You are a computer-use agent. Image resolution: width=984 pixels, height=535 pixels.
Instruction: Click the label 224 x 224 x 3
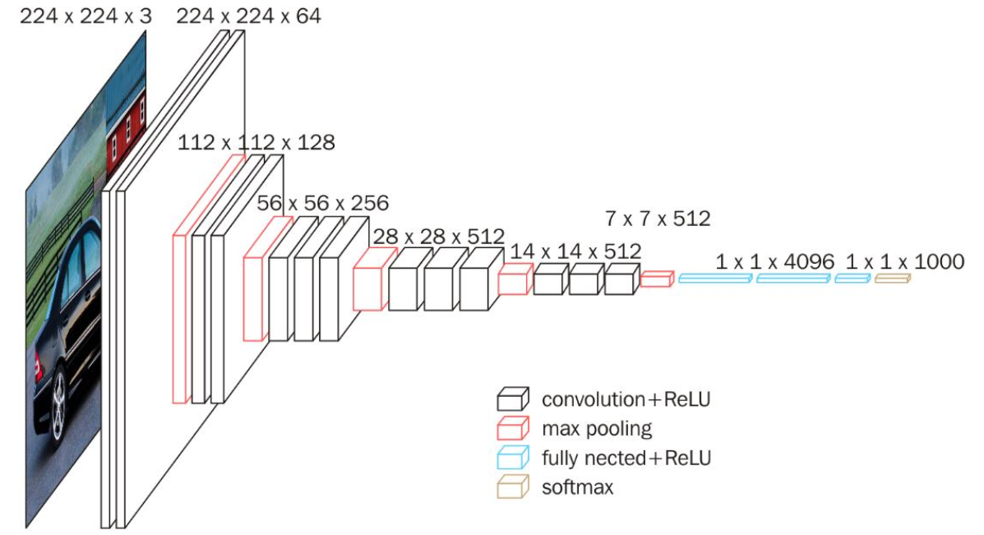[85, 16]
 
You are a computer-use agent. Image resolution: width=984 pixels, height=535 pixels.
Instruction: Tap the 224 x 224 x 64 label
[248, 16]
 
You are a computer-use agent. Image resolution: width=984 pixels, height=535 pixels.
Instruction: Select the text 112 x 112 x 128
[256, 142]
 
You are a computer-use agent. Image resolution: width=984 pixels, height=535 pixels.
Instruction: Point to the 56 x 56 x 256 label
[322, 203]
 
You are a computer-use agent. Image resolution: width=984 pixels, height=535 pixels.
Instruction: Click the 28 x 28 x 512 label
[439, 237]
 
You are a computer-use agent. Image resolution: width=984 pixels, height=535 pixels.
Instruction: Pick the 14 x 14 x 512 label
[575, 251]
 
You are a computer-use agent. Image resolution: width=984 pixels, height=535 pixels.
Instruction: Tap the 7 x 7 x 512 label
[658, 219]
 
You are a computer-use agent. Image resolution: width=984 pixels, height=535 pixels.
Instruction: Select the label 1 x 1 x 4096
[775, 261]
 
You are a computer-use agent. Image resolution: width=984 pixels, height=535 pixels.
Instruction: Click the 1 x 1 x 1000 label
[905, 261]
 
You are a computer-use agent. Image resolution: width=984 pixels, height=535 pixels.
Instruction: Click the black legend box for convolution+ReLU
[513, 399]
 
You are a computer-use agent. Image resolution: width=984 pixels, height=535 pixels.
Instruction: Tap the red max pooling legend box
[513, 428]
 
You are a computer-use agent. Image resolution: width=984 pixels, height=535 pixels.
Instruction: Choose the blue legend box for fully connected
[513, 458]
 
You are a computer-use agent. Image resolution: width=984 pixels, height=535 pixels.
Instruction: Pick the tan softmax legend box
[513, 487]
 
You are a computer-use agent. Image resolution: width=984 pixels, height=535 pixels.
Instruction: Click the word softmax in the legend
[577, 487]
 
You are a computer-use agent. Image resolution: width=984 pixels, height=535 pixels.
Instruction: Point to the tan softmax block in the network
[893, 278]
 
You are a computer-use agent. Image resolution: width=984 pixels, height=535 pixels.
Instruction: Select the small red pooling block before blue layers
[657, 279]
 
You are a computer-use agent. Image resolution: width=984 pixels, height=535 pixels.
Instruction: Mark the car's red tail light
[39, 367]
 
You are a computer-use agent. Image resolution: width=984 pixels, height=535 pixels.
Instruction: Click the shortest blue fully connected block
[852, 278]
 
